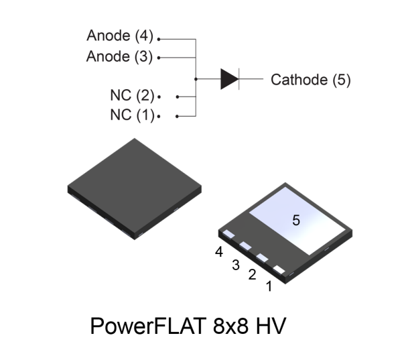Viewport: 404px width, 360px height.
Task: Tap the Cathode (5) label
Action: (310, 80)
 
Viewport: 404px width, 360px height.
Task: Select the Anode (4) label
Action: (120, 34)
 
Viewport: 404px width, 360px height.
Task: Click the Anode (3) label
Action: (120, 56)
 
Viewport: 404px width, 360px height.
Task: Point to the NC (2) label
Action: (131, 95)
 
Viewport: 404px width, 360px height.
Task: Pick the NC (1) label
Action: (131, 115)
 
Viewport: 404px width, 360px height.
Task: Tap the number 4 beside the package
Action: (219, 252)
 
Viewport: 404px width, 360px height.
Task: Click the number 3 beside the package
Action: (235, 265)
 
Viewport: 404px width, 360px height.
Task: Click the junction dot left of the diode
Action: (194, 79)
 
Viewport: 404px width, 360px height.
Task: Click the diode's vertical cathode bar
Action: (240, 79)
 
